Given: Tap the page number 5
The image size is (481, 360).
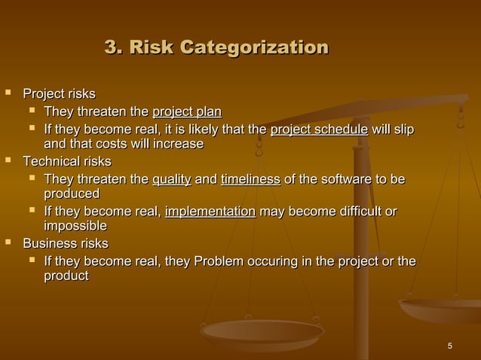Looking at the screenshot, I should (x=450, y=346).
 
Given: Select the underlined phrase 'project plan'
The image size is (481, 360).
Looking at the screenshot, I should (x=187, y=113).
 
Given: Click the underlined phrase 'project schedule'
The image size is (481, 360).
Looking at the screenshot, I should (x=319, y=130).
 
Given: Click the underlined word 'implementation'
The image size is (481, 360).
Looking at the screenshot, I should (x=210, y=212).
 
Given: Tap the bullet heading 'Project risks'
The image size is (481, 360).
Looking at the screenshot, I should (x=60, y=95).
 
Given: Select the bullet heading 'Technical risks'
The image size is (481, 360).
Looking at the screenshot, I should (x=67, y=162).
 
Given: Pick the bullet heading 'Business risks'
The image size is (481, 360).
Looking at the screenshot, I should (x=66, y=244).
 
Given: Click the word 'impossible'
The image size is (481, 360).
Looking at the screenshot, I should (x=75, y=227).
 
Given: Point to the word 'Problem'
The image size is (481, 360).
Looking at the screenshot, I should (x=219, y=261).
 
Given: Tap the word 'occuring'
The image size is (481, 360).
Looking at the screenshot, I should (x=273, y=261).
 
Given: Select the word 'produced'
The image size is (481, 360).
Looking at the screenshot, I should (x=72, y=194).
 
